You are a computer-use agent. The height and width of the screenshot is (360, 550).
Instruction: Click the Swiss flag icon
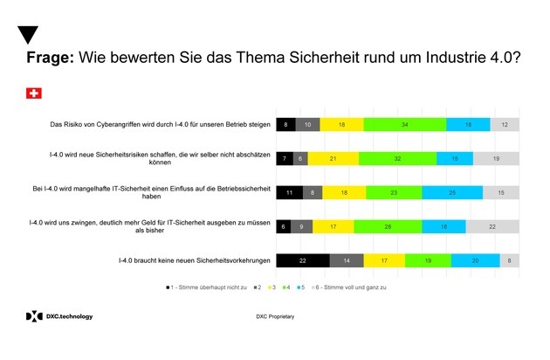coord(34,93)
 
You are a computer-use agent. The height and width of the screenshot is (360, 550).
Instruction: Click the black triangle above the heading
coord(28,35)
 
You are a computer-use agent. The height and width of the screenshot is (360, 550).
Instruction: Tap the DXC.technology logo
coord(58,315)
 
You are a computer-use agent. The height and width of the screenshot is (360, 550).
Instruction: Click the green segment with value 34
coord(404,125)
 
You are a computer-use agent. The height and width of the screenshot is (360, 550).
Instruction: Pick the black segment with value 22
coord(302,260)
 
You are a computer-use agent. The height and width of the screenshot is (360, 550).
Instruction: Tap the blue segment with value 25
coord(451,192)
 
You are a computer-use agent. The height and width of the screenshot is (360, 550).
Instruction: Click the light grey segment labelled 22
coord(492,225)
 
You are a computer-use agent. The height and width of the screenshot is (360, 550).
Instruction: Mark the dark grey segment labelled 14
coord(346,260)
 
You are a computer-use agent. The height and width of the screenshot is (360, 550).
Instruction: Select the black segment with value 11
coord(290,192)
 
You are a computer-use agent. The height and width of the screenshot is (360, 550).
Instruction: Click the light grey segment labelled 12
coord(505,125)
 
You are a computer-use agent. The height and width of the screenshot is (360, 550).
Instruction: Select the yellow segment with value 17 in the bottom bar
coord(384,260)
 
